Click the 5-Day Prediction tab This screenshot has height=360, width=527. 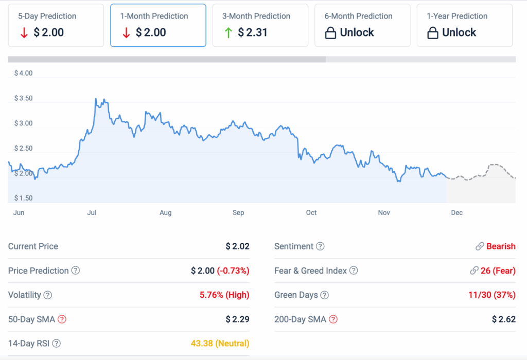56,25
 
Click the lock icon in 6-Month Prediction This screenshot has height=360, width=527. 330,33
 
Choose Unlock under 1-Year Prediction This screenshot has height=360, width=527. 459,33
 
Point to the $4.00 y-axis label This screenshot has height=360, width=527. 22,74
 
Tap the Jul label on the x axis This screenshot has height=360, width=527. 92,213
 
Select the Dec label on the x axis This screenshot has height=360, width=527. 456,213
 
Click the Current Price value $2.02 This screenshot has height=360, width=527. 237,246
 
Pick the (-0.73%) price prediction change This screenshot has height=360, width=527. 233,271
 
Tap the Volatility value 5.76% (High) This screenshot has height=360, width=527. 224,295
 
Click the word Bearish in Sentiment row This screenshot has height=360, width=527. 501,246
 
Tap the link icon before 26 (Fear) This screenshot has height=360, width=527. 474,271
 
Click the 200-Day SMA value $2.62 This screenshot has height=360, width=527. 503,319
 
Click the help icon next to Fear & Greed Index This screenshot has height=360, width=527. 354,271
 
